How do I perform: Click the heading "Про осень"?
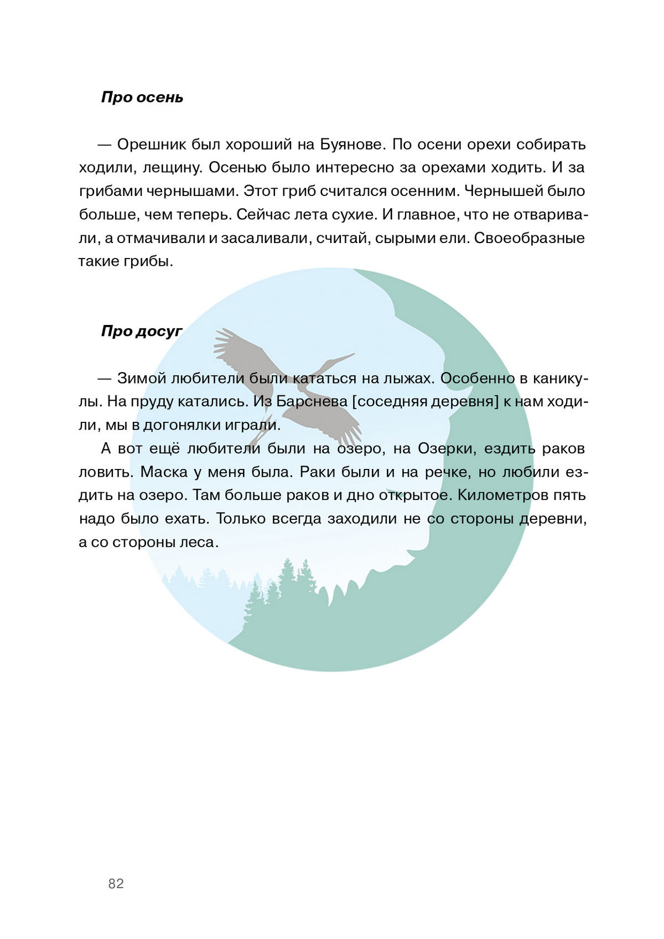tap(142, 97)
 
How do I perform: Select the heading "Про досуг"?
tap(142, 331)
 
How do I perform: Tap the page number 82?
tap(116, 884)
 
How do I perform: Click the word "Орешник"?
tap(151, 145)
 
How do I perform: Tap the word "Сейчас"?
tap(263, 215)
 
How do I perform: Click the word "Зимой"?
tap(141, 378)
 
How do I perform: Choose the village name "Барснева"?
tap(312, 401)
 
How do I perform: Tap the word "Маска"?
tap(164, 472)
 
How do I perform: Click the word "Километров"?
tap(502, 495)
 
